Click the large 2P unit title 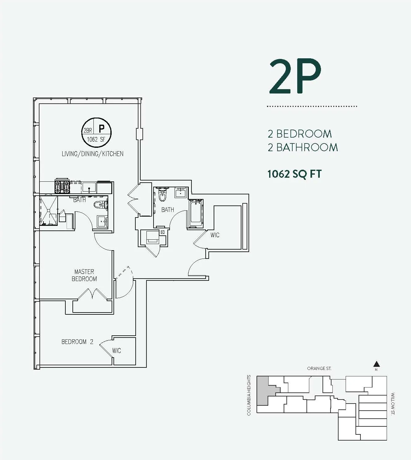pos(295,77)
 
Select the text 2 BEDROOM pos(300,134)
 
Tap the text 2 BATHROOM pos(303,147)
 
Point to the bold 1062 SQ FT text pos(294,174)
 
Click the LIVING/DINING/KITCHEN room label pos(92,154)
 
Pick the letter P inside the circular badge pos(101,128)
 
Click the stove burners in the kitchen pos(62,187)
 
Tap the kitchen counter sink pos(89,187)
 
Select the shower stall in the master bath pos(49,210)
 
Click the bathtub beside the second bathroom pos(196,213)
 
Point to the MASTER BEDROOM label pos(84,275)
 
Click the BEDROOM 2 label pos(77,342)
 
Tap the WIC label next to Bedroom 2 pos(117,351)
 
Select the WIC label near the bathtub pos(215,235)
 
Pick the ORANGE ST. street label pos(319,368)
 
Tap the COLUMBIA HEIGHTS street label pos(249,395)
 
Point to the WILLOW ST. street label pos(393,404)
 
